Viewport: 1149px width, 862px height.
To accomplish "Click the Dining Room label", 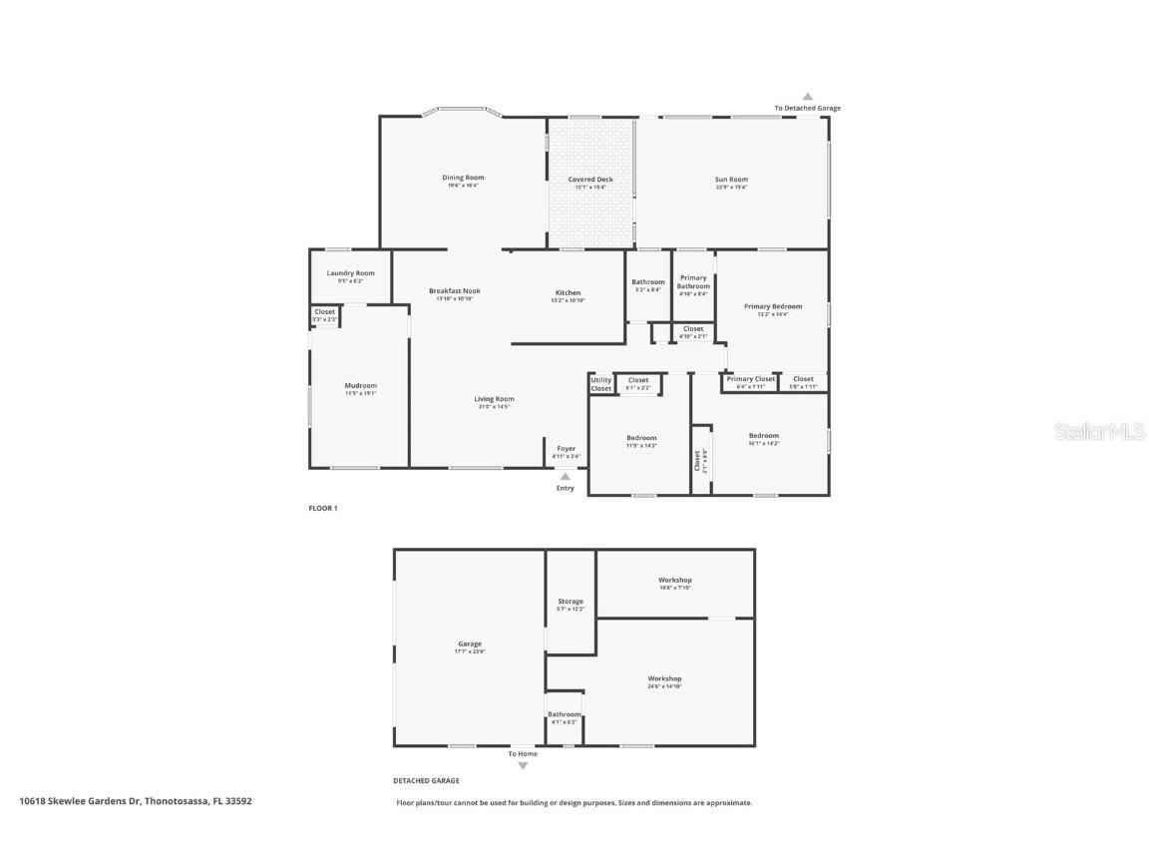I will [x=463, y=178].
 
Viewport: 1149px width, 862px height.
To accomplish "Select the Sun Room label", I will [x=731, y=180].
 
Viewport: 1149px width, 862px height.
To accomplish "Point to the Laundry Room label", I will [x=350, y=273].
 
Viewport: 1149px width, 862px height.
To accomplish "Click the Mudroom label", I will [x=360, y=385].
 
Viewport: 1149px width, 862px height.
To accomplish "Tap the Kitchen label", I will [x=568, y=293].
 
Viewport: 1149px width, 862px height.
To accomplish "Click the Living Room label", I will [x=494, y=399].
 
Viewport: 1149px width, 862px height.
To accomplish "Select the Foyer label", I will [x=566, y=449].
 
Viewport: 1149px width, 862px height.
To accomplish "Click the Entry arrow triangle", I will [x=566, y=477].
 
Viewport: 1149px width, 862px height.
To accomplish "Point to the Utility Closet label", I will [x=600, y=384].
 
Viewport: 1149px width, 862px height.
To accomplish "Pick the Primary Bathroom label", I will [x=693, y=282].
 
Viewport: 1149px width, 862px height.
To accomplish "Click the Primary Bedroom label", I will [x=772, y=307].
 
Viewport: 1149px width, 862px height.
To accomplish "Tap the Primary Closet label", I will [x=750, y=379].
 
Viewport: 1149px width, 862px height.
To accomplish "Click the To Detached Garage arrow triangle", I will [x=808, y=97].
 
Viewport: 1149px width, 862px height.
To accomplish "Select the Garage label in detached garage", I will [x=469, y=645].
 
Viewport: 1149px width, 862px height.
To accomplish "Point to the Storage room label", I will [x=571, y=602].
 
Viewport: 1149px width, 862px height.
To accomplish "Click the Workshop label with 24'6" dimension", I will [x=664, y=679].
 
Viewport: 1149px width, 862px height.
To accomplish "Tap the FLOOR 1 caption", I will [x=323, y=509].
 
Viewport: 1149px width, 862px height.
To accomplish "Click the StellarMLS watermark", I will [x=1100, y=432].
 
